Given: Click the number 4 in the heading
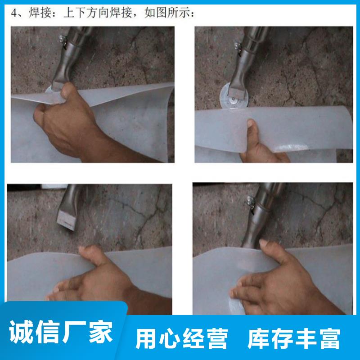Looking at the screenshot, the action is [x=14, y=13].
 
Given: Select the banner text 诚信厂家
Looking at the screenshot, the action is [x=61, y=332].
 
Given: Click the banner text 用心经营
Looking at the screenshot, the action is [x=182, y=338].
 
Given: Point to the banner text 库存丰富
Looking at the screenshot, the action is [x=294, y=338].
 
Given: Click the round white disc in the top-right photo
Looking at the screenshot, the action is [x=234, y=96].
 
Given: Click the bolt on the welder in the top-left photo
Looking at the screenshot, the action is [x=62, y=39].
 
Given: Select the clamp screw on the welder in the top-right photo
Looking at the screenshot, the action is [x=238, y=45].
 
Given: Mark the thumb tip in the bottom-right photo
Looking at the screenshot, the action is [x=264, y=243].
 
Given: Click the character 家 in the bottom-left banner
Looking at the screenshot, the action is [x=101, y=332].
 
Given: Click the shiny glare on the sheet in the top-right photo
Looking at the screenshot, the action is [x=292, y=147].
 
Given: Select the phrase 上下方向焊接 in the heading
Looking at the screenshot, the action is [x=98, y=13].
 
